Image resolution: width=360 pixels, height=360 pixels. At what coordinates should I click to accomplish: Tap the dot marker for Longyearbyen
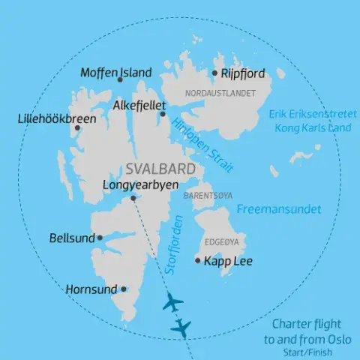pos(133,198)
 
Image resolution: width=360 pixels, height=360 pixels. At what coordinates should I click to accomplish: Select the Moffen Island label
pos(115,73)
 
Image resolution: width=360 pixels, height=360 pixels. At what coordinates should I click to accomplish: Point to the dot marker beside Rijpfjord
pos(214,73)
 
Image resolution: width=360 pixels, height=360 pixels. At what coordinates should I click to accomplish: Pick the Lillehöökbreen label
pos(53,118)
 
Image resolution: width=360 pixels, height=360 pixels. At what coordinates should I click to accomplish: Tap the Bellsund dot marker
pos(100,238)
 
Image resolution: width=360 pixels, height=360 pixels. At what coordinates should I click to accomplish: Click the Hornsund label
pos(91,288)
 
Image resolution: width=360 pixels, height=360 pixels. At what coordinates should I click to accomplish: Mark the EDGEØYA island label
pos(222,242)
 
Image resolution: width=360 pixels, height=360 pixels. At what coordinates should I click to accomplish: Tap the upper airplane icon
pos(172,304)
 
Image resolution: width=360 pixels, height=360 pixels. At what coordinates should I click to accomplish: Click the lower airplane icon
pos(181,327)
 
